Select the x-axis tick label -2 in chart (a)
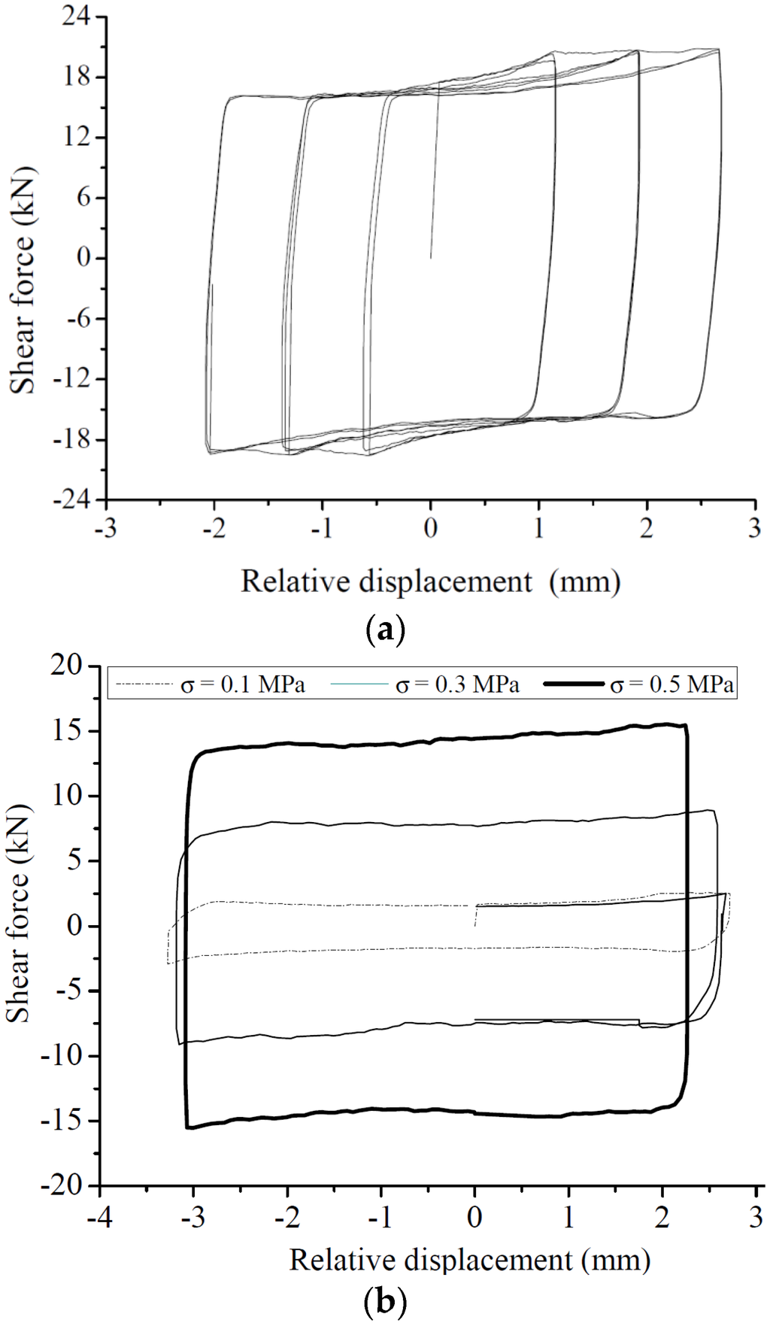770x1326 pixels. coord(214,529)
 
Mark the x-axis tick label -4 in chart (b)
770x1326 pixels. coord(99,1217)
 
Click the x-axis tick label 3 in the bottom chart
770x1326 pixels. coord(756,1217)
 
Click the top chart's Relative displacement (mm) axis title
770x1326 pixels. coord(430,581)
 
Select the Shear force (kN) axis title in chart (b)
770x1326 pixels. coord(18,914)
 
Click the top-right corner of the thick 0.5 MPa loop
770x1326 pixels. coord(685,726)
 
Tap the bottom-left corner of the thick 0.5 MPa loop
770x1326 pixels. coord(188,1127)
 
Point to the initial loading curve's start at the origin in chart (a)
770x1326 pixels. coord(430,258)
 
